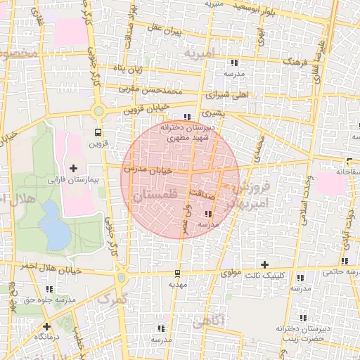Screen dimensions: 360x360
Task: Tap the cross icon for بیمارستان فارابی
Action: tap(74, 168)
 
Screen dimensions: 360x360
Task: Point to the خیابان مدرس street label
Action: tap(148, 171)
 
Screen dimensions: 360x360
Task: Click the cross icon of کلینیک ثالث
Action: tap(264, 264)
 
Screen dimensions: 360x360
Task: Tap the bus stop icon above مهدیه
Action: tap(177, 274)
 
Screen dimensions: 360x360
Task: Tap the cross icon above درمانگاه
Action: tap(46, 326)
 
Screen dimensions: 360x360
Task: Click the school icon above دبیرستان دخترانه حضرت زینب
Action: tap(302, 316)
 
